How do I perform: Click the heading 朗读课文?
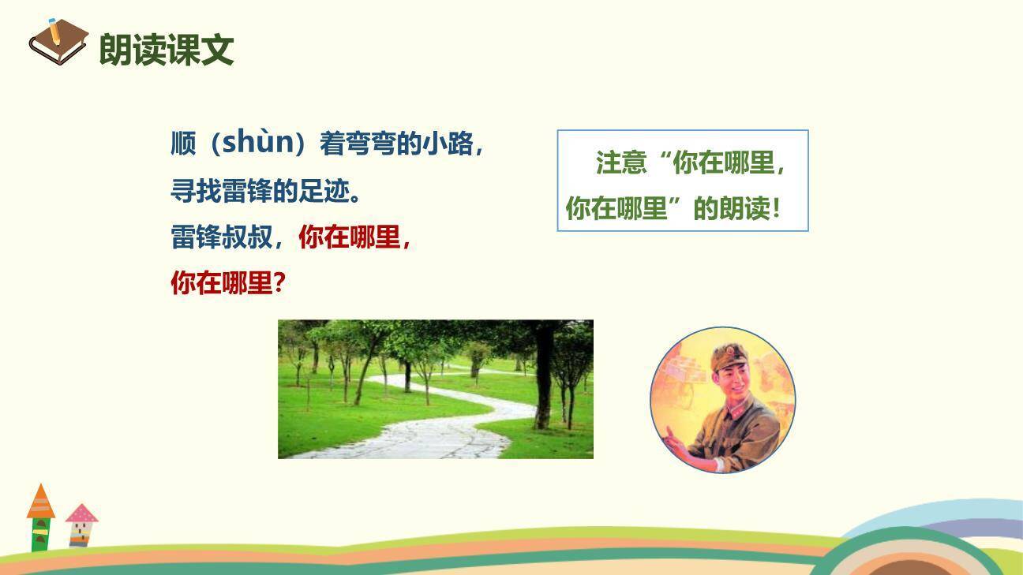[x=167, y=50]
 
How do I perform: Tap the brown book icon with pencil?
[x=58, y=41]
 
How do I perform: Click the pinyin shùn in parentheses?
[x=257, y=143]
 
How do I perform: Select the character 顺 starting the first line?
[x=183, y=144]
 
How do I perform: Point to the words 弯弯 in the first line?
[x=370, y=144]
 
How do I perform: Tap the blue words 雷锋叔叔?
[x=221, y=237]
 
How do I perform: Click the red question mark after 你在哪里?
[x=278, y=283]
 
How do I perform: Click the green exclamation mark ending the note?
[x=777, y=209]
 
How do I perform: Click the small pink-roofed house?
[x=81, y=525]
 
